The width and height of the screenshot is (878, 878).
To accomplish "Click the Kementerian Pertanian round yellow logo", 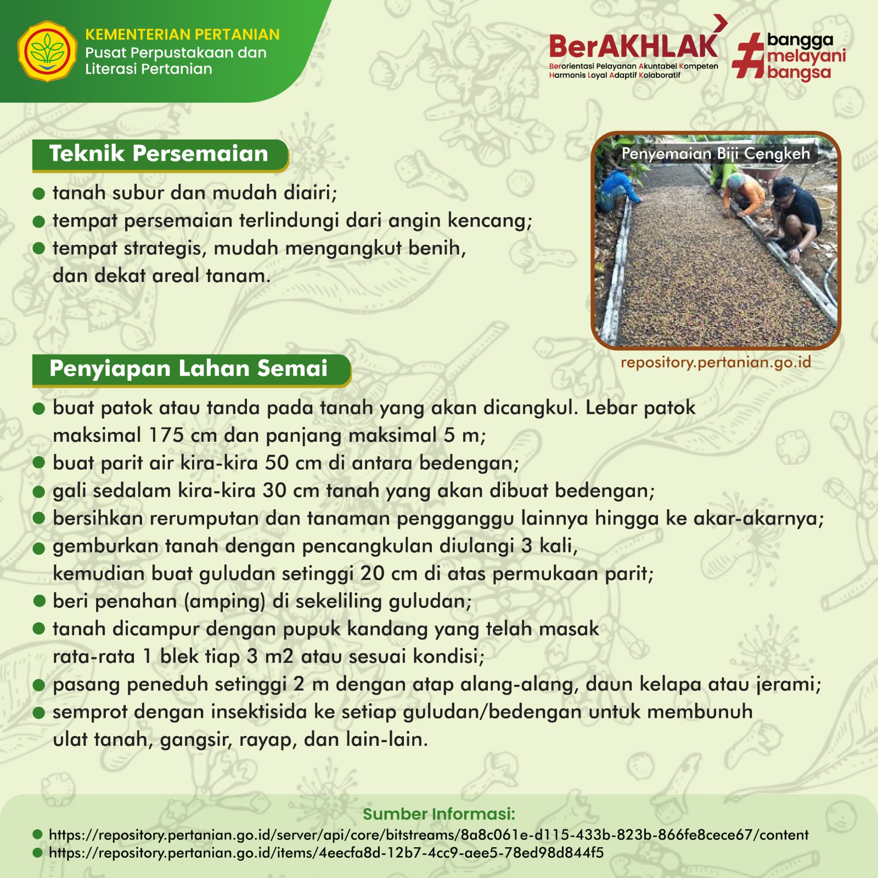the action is (x=47, y=52).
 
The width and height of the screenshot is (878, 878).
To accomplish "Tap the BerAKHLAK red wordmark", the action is (x=633, y=46).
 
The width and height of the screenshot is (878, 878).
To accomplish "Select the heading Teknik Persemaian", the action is (x=159, y=154).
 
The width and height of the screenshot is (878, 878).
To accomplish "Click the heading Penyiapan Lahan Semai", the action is (x=188, y=369).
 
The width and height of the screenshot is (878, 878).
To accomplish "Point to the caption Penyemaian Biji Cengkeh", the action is (x=716, y=154).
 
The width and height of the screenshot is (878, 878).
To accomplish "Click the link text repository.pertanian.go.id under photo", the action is (x=716, y=363).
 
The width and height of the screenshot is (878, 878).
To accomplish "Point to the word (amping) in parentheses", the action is (x=225, y=602).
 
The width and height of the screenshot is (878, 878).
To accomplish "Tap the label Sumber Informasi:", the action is (x=439, y=814).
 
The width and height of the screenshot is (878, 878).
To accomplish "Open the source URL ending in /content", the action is (x=429, y=835).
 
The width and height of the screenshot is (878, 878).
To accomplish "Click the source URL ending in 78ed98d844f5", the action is (x=326, y=853).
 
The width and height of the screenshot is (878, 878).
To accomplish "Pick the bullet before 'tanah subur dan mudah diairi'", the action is (x=38, y=193).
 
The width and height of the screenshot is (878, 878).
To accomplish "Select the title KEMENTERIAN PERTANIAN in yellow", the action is (x=182, y=35).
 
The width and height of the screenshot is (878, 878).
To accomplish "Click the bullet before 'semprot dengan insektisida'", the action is (x=38, y=712).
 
